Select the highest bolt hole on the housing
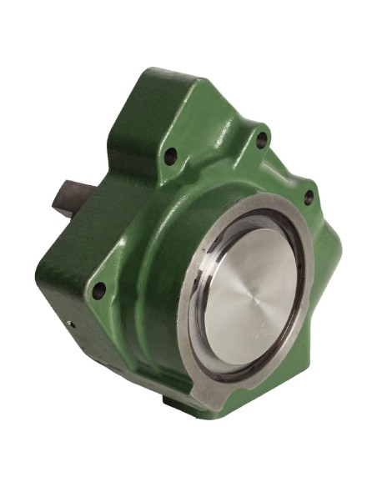coord(262,140)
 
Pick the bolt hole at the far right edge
coord(309,198)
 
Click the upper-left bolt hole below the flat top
coord(172,156)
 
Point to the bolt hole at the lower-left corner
coord(99,289)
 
